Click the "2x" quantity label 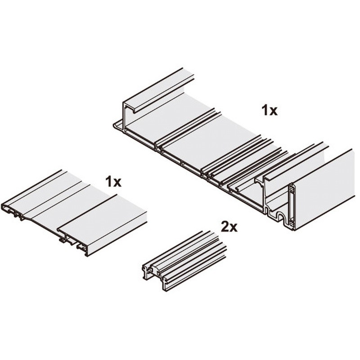pos(229,226)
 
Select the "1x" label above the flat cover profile pos(113,181)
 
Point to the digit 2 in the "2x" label pos(225,226)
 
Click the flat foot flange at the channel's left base pos(118,127)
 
